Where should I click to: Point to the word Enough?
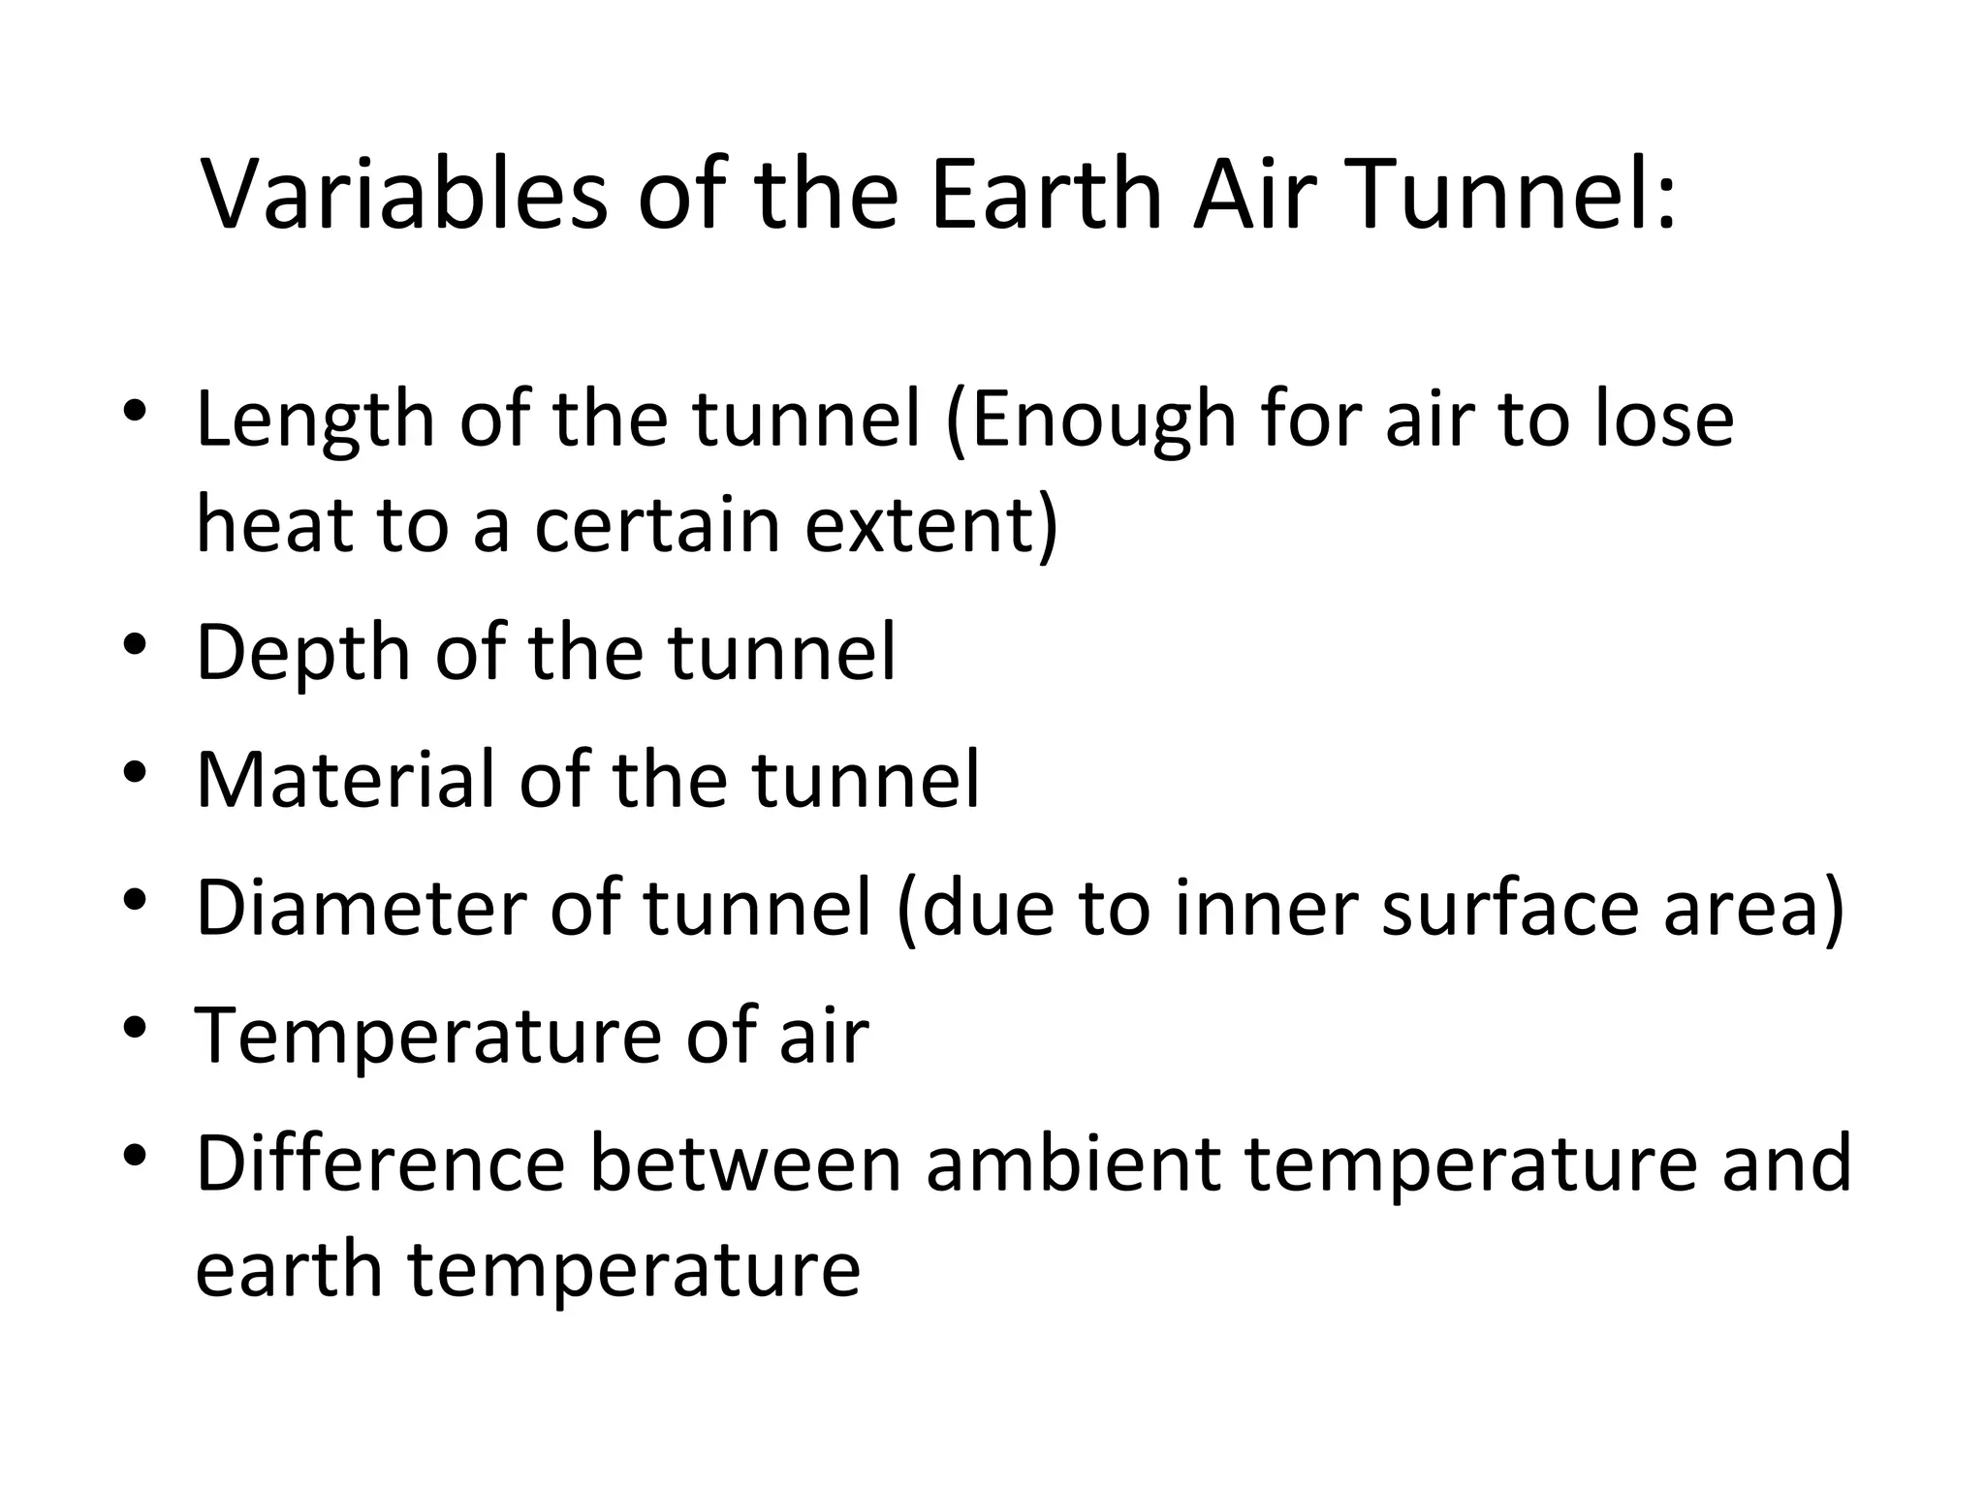[1102, 421]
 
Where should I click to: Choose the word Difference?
[380, 1162]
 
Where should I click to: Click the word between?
[745, 1162]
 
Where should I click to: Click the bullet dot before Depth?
[135, 643]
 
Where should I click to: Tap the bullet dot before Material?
[135, 771]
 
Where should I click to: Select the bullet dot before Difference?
[135, 1155]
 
